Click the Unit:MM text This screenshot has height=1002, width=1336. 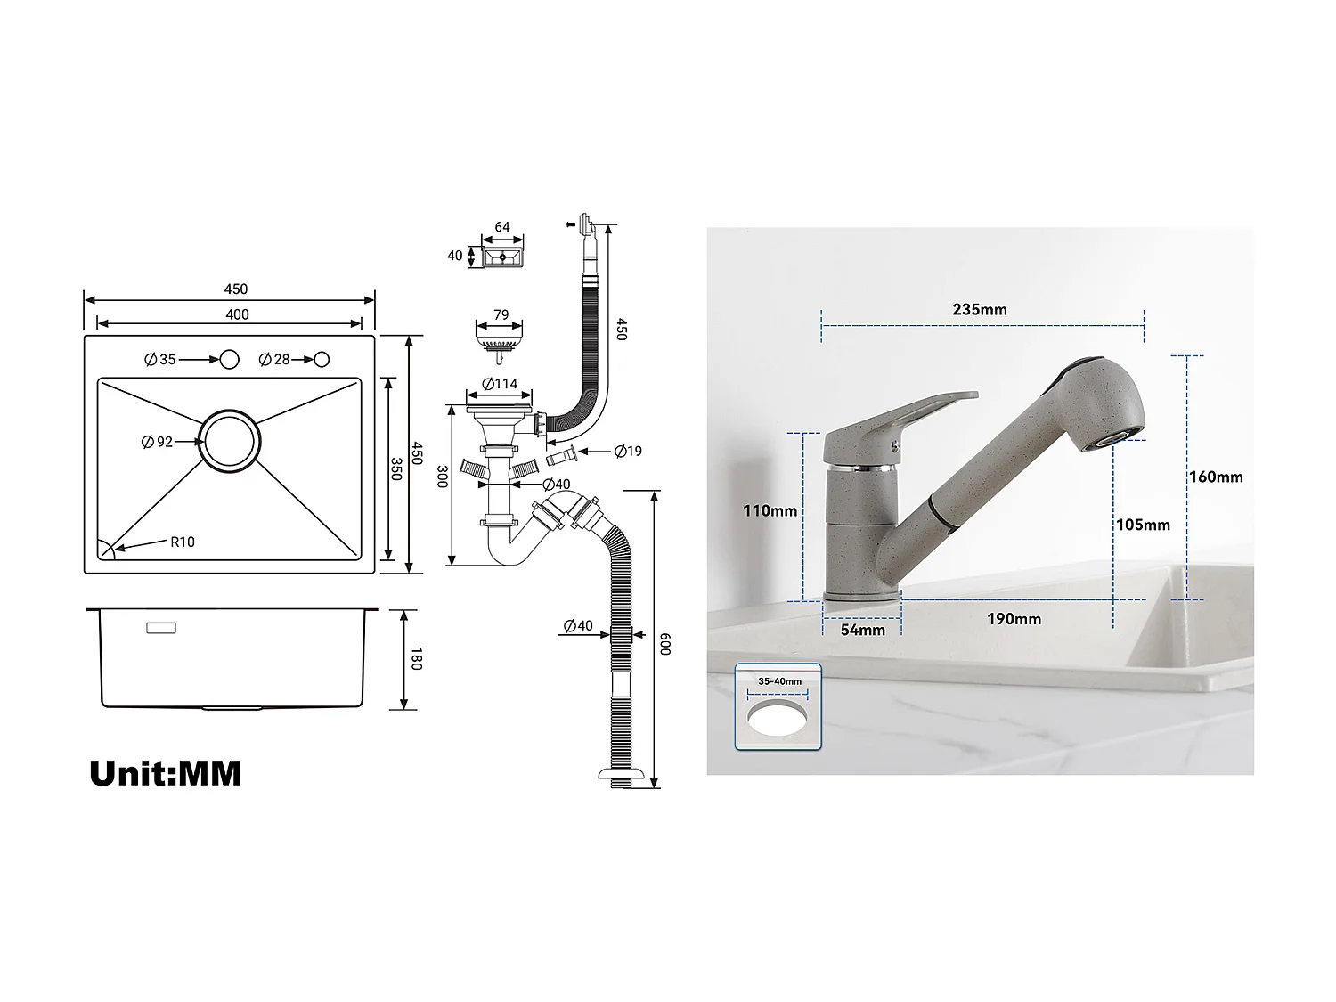pyautogui.click(x=166, y=772)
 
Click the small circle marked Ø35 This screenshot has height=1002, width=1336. pyautogui.click(x=229, y=359)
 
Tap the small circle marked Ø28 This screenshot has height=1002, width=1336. pyautogui.click(x=322, y=359)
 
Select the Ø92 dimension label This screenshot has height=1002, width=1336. pyautogui.click(x=158, y=442)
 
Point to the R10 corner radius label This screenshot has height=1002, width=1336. pyautogui.click(x=183, y=542)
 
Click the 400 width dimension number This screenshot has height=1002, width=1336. pyautogui.click(x=237, y=314)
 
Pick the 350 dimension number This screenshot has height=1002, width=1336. pyautogui.click(x=395, y=468)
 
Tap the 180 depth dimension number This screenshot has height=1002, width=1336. pyautogui.click(x=416, y=659)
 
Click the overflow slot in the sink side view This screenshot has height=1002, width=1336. pyautogui.click(x=161, y=628)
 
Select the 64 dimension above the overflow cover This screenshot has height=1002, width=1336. pyautogui.click(x=502, y=227)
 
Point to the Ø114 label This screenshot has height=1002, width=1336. pyautogui.click(x=500, y=384)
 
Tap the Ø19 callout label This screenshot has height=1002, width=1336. pyautogui.click(x=628, y=452)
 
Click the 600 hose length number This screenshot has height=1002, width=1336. pyautogui.click(x=664, y=644)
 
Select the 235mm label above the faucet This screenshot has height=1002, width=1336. pyautogui.click(x=980, y=310)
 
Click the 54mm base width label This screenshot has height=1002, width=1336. pyautogui.click(x=863, y=630)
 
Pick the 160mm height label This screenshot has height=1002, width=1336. pyautogui.click(x=1216, y=477)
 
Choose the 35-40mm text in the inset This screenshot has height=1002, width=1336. pyautogui.click(x=779, y=681)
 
